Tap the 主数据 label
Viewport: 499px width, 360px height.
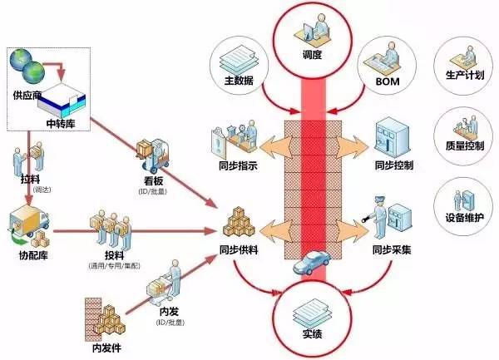click(x=239, y=81)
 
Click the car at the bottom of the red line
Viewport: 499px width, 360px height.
click(x=309, y=262)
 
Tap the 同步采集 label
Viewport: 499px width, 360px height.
click(x=393, y=248)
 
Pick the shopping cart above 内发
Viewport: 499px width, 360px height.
click(x=157, y=287)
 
